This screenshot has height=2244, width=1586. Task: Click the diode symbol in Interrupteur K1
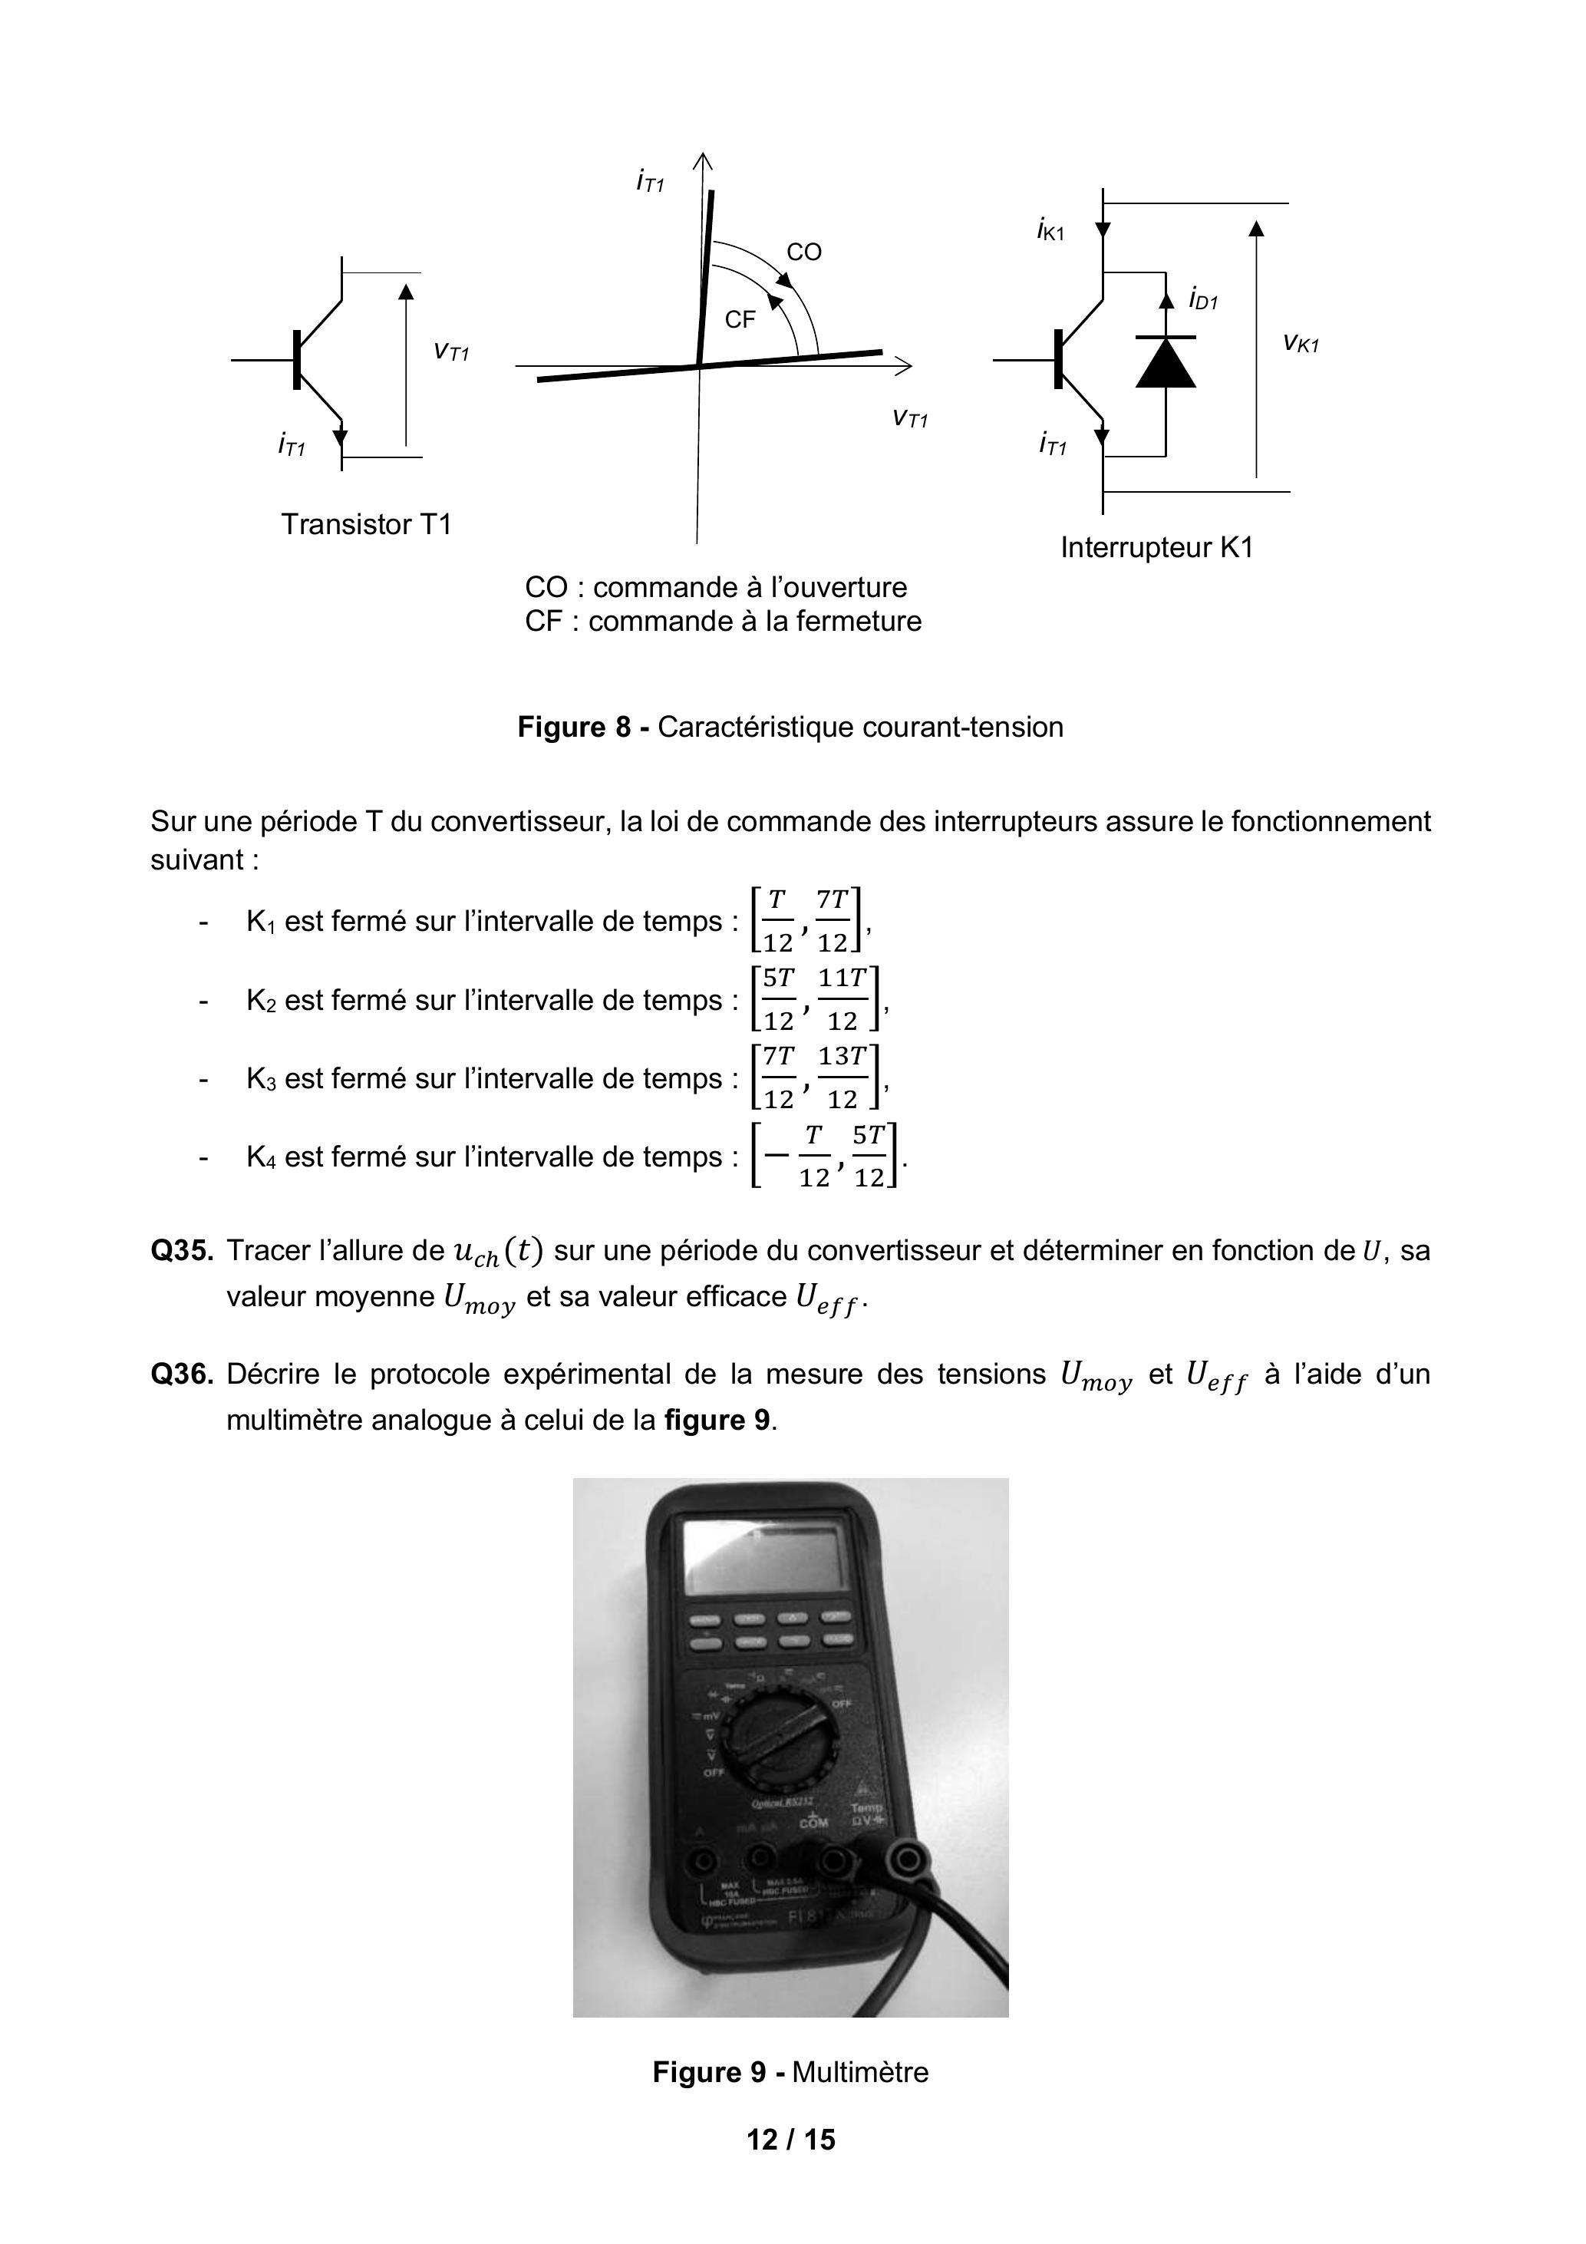(1165, 361)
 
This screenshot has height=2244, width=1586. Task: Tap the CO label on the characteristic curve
(803, 252)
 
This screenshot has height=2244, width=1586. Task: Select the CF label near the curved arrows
(740, 319)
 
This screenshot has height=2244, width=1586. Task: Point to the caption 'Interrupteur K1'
(1156, 547)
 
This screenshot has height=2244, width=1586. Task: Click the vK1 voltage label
(1301, 342)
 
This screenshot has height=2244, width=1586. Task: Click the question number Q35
(181, 1251)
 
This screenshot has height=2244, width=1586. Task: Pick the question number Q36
(181, 1375)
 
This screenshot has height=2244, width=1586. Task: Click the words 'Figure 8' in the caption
(575, 727)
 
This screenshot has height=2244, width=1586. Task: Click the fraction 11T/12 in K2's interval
(842, 999)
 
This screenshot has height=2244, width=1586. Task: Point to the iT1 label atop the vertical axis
(649, 181)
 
